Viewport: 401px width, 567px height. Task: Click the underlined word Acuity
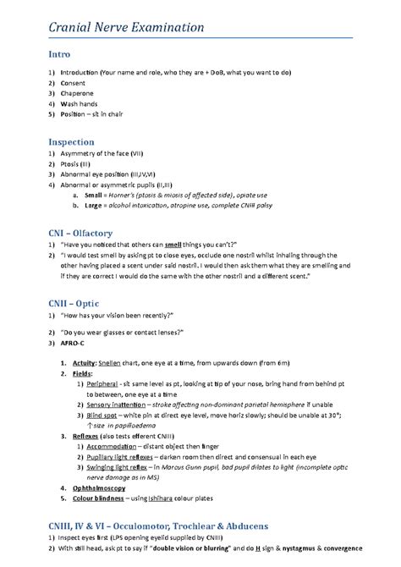(84, 362)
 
